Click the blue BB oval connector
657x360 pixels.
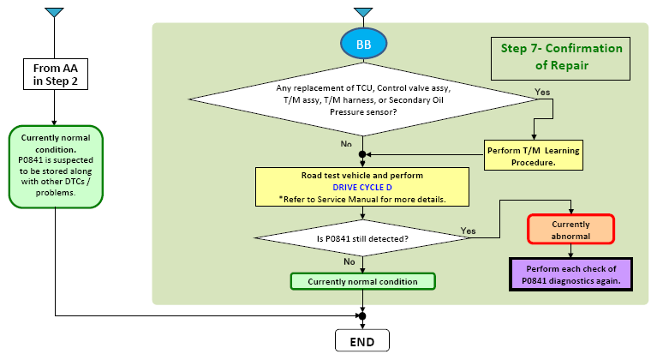tap(363, 44)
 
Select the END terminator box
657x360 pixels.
tap(362, 341)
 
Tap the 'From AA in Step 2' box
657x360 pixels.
tap(56, 75)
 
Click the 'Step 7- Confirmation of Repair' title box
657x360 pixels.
tap(560, 58)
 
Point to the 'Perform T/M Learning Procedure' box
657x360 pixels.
tap(534, 155)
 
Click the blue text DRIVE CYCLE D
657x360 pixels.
tap(362, 188)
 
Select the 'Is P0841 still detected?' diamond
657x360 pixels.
tap(363, 238)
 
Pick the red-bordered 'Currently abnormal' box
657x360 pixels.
tap(570, 229)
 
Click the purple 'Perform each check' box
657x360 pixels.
tap(570, 274)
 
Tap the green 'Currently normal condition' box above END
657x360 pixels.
tap(363, 282)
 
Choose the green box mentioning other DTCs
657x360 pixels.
tap(56, 166)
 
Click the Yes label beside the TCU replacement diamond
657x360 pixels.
tap(542, 92)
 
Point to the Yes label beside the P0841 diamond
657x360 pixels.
tap(468, 231)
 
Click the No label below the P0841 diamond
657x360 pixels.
tap(349, 261)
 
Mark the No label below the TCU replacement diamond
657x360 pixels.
tap(346, 144)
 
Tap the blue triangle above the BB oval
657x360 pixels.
tap(363, 12)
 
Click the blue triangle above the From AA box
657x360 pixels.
tap(55, 12)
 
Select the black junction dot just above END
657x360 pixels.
tap(362, 316)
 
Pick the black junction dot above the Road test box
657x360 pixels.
tap(362, 154)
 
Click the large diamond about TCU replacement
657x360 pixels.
tap(363, 99)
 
